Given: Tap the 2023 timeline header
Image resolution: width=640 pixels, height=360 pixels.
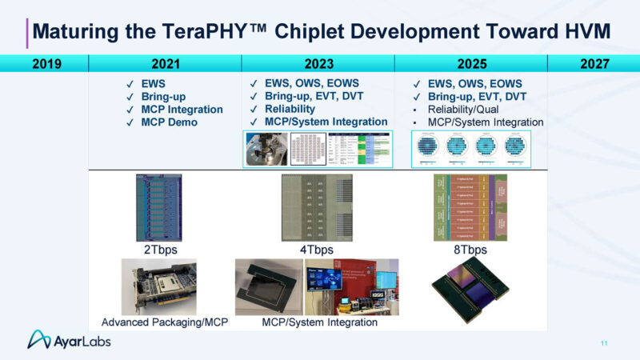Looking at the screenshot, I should [318, 64].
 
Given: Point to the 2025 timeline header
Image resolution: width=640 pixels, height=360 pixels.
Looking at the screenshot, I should [471, 64].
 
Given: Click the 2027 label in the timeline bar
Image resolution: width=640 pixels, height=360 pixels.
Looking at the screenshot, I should [596, 64].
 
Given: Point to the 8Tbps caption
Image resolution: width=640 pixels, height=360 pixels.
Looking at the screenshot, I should [470, 250].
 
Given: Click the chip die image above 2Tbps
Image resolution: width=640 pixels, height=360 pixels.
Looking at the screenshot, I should [162, 208].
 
